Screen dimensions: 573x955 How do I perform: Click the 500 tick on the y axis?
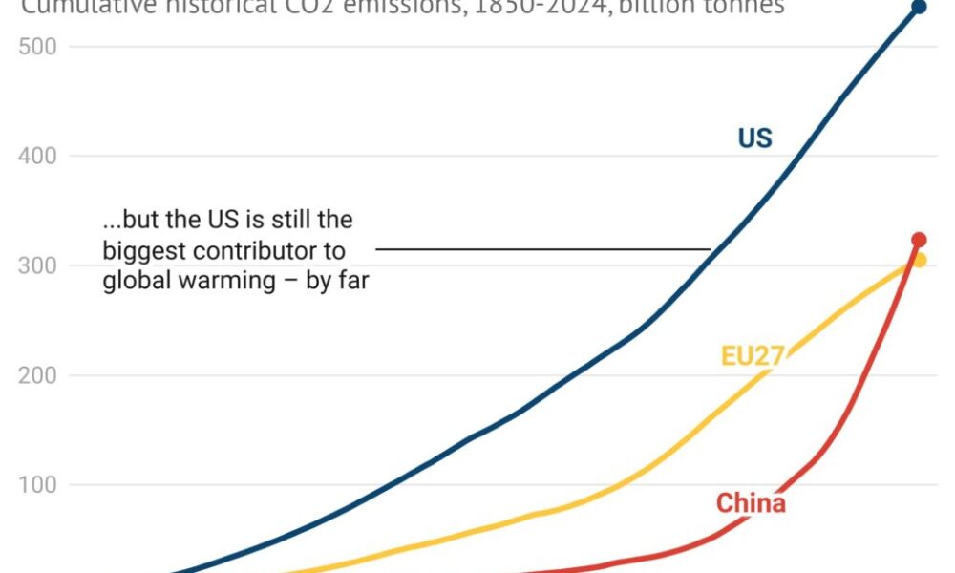[35, 46]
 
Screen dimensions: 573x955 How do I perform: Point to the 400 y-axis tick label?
[35, 156]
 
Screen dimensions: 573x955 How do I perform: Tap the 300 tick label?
[35, 265]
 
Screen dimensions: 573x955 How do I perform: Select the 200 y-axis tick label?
[35, 375]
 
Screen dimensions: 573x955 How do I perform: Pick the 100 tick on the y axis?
[35, 485]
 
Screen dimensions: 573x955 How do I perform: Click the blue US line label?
[754, 138]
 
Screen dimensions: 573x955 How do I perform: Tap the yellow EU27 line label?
[753, 357]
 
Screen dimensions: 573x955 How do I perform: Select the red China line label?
[751, 503]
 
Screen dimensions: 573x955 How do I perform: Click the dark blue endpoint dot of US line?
[919, 8]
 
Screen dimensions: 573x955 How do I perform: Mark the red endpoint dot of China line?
[919, 240]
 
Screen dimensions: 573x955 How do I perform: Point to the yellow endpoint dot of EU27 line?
[920, 260]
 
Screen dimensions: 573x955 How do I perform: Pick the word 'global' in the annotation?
[134, 282]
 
